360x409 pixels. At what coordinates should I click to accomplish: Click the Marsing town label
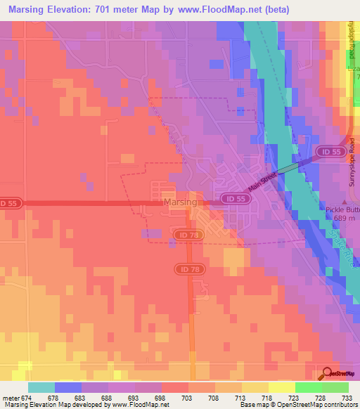click(180, 202)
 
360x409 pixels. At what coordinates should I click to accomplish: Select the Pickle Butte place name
click(343, 209)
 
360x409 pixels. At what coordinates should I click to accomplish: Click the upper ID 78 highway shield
click(187, 234)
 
